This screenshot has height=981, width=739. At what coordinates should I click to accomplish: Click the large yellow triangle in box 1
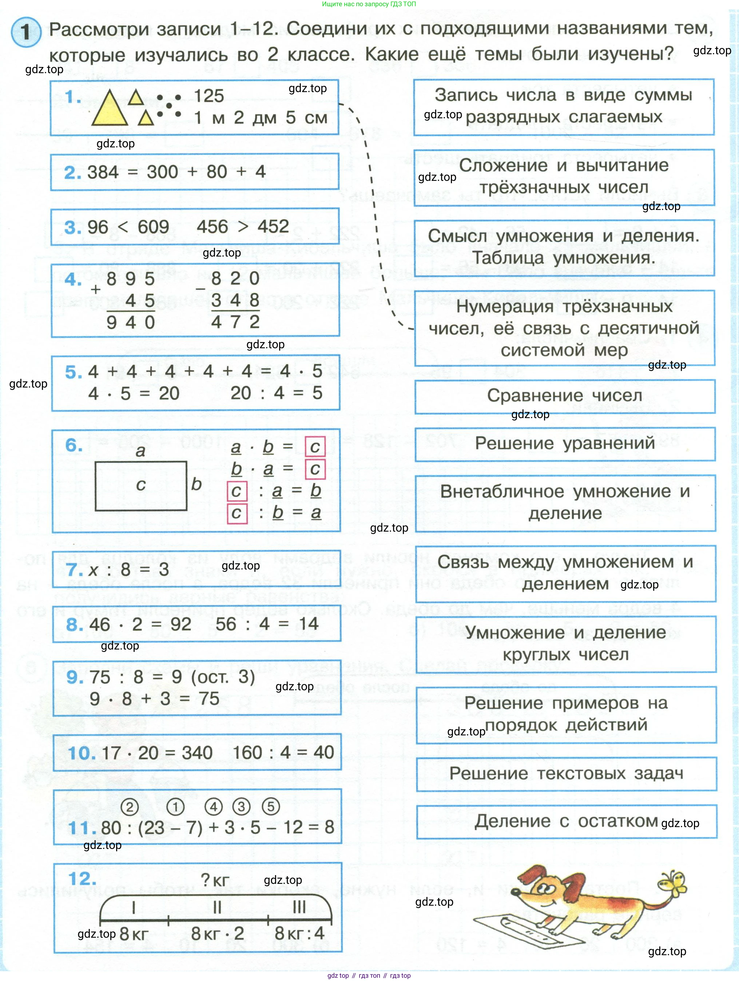110,110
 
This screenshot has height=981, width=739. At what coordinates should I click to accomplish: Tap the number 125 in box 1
209,96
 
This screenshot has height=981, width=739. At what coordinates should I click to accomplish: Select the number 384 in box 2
103,172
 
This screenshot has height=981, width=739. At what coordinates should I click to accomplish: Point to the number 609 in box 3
153,227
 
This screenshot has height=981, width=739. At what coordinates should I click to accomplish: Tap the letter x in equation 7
94,570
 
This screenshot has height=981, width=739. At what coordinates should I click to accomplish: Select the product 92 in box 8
180,624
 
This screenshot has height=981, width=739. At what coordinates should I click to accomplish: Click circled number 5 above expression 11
271,807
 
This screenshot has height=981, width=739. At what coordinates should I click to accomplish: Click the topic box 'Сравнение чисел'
564,396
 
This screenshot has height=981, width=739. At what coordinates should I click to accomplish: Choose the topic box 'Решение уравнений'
565,444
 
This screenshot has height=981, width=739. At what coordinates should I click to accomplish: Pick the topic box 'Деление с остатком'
566,821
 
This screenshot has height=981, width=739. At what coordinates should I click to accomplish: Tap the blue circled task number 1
26,32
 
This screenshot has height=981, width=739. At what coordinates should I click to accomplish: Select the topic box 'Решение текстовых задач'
566,774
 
